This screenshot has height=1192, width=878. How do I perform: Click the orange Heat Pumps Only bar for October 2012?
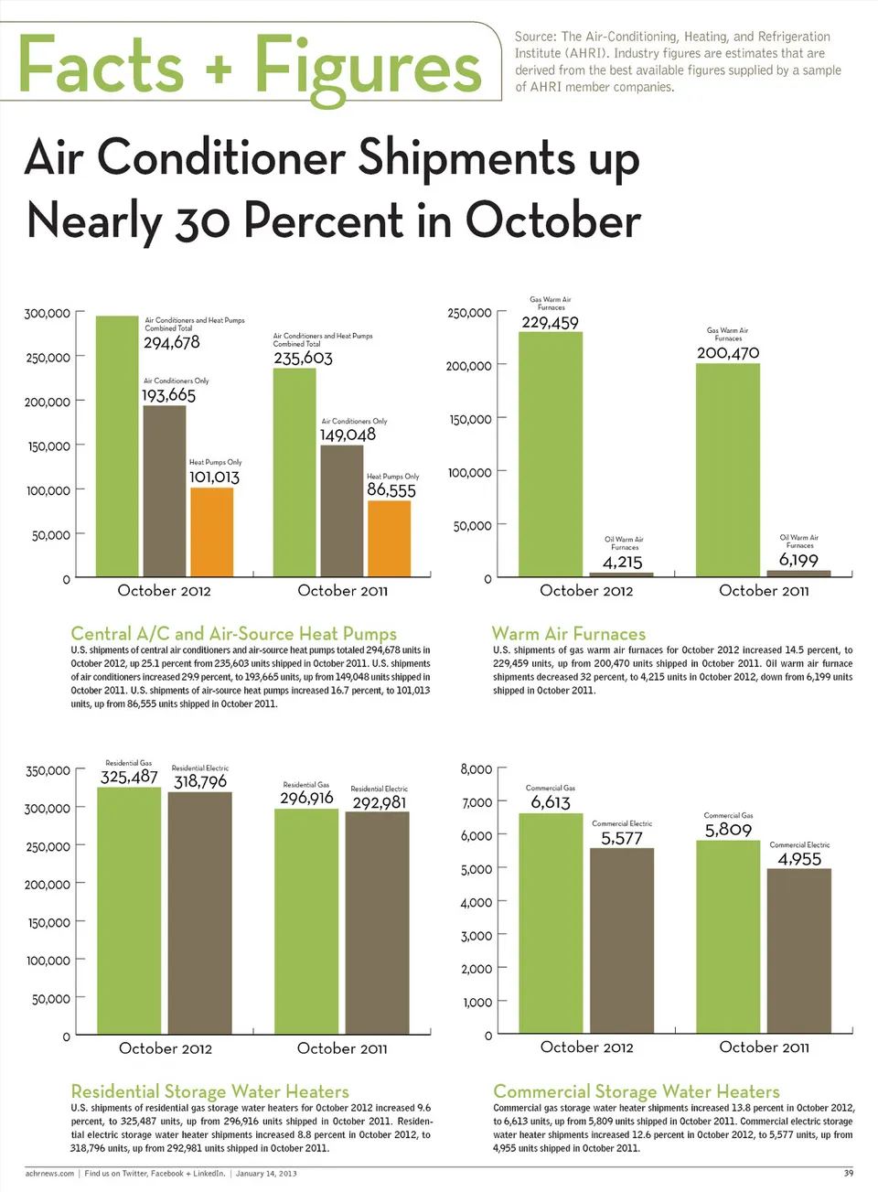point(211,532)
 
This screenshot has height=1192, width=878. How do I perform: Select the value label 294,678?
point(171,343)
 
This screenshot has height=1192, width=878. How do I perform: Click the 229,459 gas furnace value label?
point(550,323)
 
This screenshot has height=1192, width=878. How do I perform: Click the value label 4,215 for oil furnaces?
point(622,563)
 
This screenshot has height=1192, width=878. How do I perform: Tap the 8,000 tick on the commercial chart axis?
point(476,769)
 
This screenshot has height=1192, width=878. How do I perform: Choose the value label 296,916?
point(306,799)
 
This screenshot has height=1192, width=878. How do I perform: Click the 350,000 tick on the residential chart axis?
point(48,771)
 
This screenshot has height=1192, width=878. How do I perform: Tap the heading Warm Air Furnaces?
point(568,634)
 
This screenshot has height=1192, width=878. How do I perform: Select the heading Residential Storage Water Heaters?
point(209,1091)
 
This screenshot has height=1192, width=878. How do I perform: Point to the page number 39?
point(848,1173)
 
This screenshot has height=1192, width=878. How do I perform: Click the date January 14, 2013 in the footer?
point(266,1173)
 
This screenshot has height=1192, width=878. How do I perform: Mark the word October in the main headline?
point(552,221)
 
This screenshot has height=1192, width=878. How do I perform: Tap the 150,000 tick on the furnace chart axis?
point(469,420)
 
